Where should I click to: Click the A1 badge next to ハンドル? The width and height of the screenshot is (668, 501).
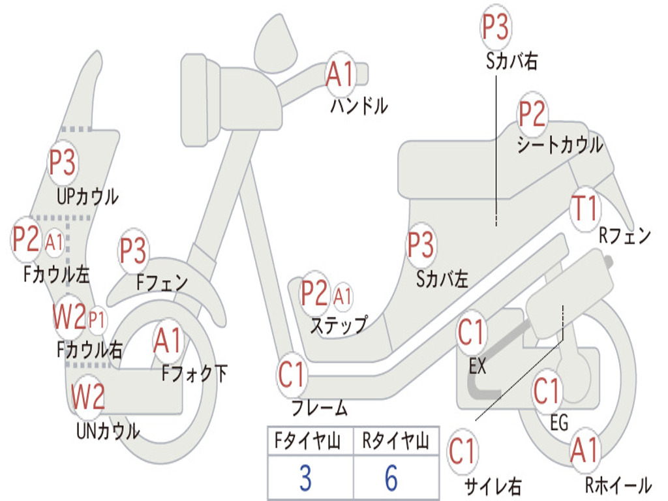[x=339, y=74]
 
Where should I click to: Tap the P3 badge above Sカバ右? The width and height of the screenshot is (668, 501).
[x=495, y=27]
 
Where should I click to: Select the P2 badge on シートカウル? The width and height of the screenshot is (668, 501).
[x=532, y=114]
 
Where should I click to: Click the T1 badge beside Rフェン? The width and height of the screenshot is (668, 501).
[x=584, y=209]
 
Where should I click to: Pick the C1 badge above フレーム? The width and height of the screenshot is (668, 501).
[x=292, y=375]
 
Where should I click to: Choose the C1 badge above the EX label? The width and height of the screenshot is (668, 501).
[x=471, y=333]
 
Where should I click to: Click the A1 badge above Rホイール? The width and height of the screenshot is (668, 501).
[x=584, y=451]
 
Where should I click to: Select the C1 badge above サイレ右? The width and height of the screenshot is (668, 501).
[x=463, y=451]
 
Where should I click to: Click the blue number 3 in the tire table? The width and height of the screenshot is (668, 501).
[x=305, y=478]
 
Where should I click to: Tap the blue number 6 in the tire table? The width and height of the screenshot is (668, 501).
[x=391, y=478]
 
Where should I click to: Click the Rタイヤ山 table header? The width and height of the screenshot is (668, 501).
[x=395, y=442]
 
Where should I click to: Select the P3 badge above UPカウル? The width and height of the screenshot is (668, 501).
[x=63, y=163]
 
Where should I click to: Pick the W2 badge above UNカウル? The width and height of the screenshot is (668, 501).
[x=87, y=397]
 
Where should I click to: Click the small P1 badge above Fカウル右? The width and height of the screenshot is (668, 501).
[x=97, y=319]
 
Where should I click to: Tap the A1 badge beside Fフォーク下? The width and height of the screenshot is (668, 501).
[x=168, y=340]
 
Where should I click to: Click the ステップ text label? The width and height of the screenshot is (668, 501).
[x=338, y=324]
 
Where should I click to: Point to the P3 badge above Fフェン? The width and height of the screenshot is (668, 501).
[x=133, y=250]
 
